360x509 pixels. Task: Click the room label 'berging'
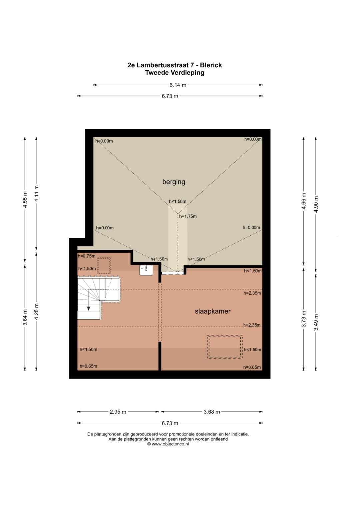pos(174,182)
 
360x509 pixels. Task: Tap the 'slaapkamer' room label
pos(213,311)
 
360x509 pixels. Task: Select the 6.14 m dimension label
pos(178,85)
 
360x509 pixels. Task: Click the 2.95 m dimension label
pos(118,412)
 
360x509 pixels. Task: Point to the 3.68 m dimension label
pos(212,412)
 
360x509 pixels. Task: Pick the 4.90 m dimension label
pos(316,204)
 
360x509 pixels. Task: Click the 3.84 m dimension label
pos(25,317)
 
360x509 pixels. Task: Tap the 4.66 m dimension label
pos(304,201)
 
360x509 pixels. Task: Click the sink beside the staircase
pos(146,270)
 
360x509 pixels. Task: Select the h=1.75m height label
pos(188,216)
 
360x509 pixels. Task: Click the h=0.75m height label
pos(87,256)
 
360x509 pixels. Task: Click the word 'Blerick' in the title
pos(211,65)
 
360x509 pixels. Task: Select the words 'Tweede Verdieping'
pos(175,73)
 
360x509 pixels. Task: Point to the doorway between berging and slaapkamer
pos(173,273)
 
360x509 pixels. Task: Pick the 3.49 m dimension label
pos(316,322)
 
